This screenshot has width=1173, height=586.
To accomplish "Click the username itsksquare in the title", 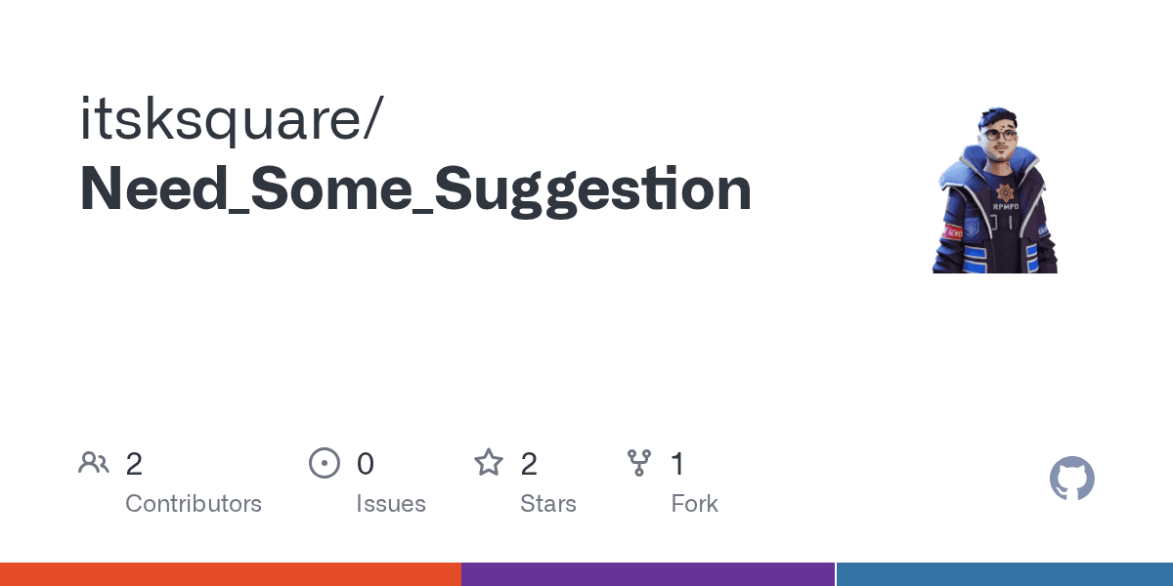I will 220,120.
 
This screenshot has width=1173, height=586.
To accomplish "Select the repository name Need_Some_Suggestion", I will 415,190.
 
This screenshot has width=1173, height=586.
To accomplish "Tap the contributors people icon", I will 94,463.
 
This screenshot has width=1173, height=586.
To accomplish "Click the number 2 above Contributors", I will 134,464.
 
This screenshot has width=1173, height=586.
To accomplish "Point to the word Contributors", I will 194,504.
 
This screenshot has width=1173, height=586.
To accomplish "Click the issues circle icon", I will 324,463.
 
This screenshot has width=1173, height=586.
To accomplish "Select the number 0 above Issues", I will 365,464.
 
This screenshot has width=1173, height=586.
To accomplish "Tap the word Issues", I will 391,504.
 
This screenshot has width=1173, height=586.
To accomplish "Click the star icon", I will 488,462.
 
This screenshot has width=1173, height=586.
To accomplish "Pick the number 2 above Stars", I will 529,464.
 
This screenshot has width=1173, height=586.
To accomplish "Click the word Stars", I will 548,504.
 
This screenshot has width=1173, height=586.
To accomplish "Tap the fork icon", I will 639,463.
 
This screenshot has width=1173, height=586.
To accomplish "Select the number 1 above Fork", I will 677,464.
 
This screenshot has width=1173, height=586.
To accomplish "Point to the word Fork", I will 695,504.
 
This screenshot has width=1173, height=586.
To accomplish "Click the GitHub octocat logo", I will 1071,479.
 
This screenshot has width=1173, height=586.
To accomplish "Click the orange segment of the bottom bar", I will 230,574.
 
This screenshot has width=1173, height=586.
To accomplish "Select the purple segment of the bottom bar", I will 647,574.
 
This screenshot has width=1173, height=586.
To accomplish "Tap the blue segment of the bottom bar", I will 1005,574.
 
